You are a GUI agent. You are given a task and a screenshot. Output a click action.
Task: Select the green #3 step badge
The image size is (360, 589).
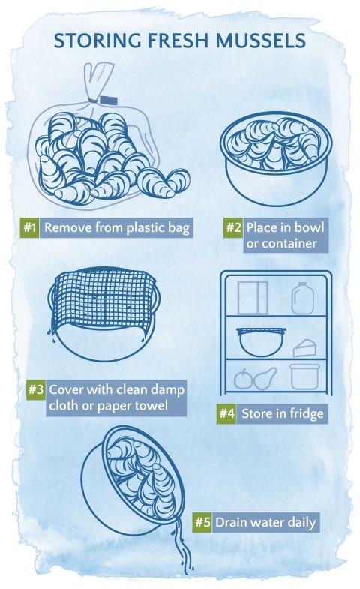36,390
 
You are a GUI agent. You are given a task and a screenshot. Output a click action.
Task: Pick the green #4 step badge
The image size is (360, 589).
226,413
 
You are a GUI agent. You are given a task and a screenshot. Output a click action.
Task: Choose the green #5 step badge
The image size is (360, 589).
201,522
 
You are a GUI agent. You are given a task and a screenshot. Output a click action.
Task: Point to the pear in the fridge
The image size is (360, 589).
263,379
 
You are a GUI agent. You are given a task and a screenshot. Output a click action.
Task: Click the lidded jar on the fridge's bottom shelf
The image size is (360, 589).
304,376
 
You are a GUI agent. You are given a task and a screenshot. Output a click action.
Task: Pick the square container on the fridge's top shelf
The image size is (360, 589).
252,297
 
